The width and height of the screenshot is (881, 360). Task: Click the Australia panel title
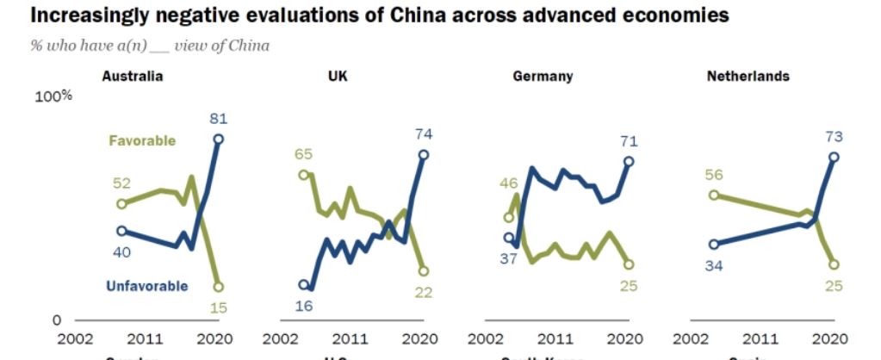tap(133, 76)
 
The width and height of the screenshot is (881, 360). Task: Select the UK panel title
tap(338, 76)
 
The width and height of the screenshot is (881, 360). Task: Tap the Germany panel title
tap(543, 76)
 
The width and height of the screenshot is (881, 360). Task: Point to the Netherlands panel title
tap(748, 76)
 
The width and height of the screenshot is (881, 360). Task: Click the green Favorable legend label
tap(142, 140)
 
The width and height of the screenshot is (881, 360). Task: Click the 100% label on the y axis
tap(53, 96)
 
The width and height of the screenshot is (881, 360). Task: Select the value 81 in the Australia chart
tap(218, 118)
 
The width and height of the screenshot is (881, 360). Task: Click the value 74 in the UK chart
tap(423, 134)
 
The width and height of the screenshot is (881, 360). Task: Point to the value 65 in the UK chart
tap(302, 155)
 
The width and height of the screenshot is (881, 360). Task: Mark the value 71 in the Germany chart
tap(628, 140)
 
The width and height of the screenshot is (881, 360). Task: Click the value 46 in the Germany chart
tap(508, 183)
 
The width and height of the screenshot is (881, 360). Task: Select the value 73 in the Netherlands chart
tap(833, 136)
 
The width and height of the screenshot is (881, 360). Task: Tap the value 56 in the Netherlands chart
tap(713, 174)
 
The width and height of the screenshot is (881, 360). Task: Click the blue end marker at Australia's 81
tap(219, 139)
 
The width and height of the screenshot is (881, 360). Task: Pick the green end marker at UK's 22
tap(424, 270)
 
